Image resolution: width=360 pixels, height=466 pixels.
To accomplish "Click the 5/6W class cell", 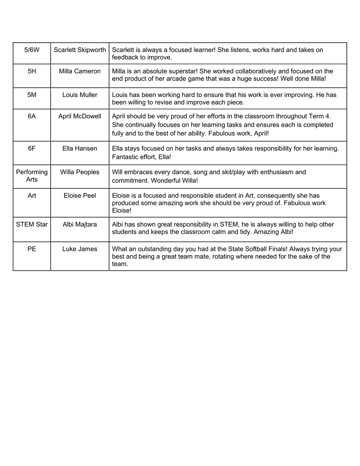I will coord(32,50).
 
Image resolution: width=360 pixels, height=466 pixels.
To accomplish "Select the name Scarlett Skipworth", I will coord(80,50).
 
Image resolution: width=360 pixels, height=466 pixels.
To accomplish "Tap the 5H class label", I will coord(32,71).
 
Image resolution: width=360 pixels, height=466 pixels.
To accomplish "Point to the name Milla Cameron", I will coord(80,71).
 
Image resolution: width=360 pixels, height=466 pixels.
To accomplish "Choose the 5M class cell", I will coord(32,95).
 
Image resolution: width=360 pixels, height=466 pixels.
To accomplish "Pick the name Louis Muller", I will coord(80,95).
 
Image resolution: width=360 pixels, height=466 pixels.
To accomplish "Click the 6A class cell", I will coord(32,116).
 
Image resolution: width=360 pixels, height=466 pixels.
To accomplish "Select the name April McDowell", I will coord(80,116).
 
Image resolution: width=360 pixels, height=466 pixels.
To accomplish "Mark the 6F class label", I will coord(32,148).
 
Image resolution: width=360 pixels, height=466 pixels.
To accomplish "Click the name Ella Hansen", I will coord(80,148).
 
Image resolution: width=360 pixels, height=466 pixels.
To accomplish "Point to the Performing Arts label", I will coord(32,176).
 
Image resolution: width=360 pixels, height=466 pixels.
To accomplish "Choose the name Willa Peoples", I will coord(80,172).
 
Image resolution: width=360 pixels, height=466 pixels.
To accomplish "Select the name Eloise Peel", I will coord(80,196).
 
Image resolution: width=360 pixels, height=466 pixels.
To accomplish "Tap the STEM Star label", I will coord(32,224).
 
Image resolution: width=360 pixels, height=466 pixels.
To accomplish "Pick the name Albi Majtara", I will coord(80,224).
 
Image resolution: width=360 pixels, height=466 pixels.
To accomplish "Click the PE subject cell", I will coord(32,249).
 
